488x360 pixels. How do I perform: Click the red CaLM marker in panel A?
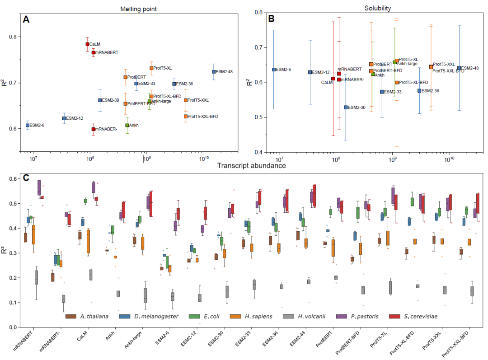click(87, 44)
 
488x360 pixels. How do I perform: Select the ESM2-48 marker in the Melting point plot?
click(214, 72)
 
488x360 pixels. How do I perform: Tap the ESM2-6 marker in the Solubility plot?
click(274, 70)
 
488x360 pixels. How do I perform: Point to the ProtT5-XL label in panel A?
click(163, 68)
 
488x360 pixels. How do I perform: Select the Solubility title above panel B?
click(378, 9)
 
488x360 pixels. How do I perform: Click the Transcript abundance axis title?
click(251, 165)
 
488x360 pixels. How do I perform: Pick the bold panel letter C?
click(26, 178)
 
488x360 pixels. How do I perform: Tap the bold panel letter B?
click(272, 19)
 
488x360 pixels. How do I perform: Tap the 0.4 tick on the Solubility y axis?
click(258, 152)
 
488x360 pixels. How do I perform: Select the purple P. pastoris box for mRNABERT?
click(39, 187)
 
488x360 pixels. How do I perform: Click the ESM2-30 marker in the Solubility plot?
click(346, 108)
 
